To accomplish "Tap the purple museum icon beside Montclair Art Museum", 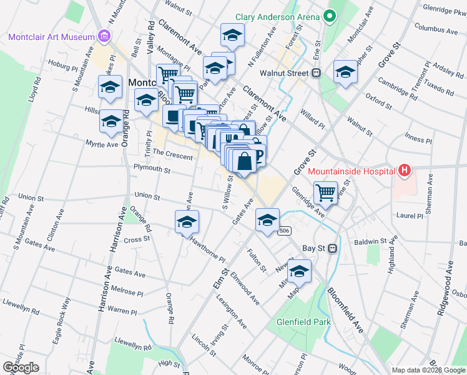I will click(x=104, y=37).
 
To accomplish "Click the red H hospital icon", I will click(x=405, y=169).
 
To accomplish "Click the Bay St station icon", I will click(x=333, y=248).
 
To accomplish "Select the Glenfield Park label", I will click(x=303, y=323).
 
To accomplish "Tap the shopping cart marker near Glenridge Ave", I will click(x=325, y=193).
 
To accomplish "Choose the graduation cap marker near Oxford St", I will click(x=345, y=72).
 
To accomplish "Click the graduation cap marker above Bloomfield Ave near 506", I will click(x=267, y=220).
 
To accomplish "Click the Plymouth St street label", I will click(x=152, y=169).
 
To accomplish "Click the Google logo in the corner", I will click(x=21, y=367).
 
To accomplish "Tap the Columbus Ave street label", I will click(x=436, y=28).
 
